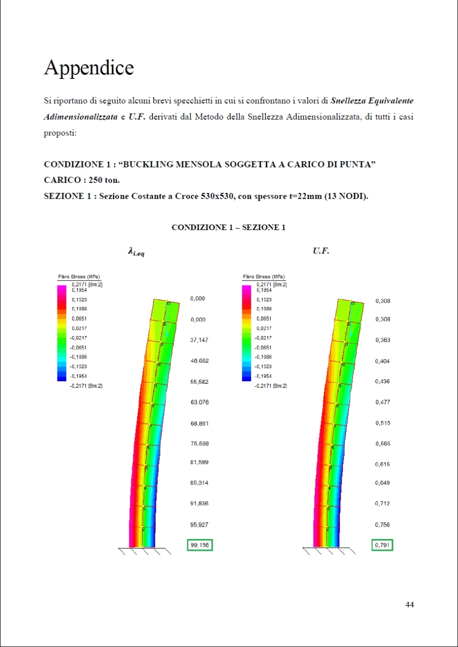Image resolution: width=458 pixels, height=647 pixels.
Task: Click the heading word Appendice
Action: click(x=89, y=68)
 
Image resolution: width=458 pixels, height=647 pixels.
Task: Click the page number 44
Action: click(x=410, y=604)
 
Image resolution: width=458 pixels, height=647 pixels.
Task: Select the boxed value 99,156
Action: click(x=199, y=545)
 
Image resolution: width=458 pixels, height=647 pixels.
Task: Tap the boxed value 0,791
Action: click(x=382, y=545)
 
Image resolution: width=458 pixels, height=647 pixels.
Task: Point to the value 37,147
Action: click(x=199, y=340)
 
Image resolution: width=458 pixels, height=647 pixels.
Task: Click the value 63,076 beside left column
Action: click(x=199, y=402)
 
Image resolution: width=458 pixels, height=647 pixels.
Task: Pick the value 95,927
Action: click(x=199, y=524)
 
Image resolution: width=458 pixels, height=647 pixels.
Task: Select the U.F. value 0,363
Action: click(x=383, y=340)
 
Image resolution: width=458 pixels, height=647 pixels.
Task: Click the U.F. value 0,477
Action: click(x=383, y=402)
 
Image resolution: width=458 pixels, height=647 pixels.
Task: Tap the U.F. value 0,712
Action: click(x=383, y=503)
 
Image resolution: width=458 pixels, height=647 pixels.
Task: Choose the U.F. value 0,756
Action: click(x=383, y=524)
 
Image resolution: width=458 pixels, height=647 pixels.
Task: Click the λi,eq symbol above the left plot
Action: click(x=136, y=251)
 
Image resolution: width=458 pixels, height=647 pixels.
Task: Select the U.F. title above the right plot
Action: click(x=321, y=250)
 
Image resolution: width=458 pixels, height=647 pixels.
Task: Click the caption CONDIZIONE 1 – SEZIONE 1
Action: click(x=228, y=228)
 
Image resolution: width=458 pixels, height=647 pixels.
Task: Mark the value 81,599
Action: click(x=199, y=462)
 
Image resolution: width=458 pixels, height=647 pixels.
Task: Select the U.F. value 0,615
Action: click(x=383, y=464)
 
